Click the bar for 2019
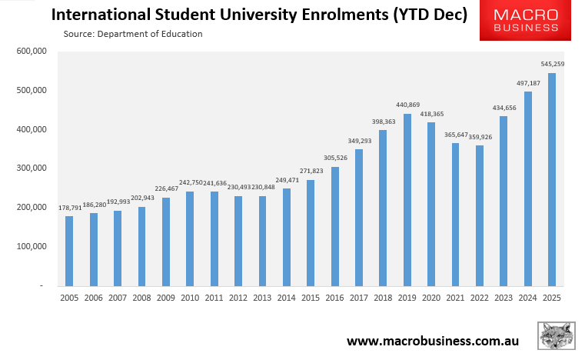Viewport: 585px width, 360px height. coord(407,200)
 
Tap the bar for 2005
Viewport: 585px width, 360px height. coord(69,251)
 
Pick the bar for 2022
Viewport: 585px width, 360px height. coord(480,215)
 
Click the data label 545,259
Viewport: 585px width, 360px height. coord(552,65)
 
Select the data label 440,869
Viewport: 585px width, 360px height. coord(407,105)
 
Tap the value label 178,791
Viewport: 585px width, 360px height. coord(70,208)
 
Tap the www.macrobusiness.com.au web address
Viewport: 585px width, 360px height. coord(432,341)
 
